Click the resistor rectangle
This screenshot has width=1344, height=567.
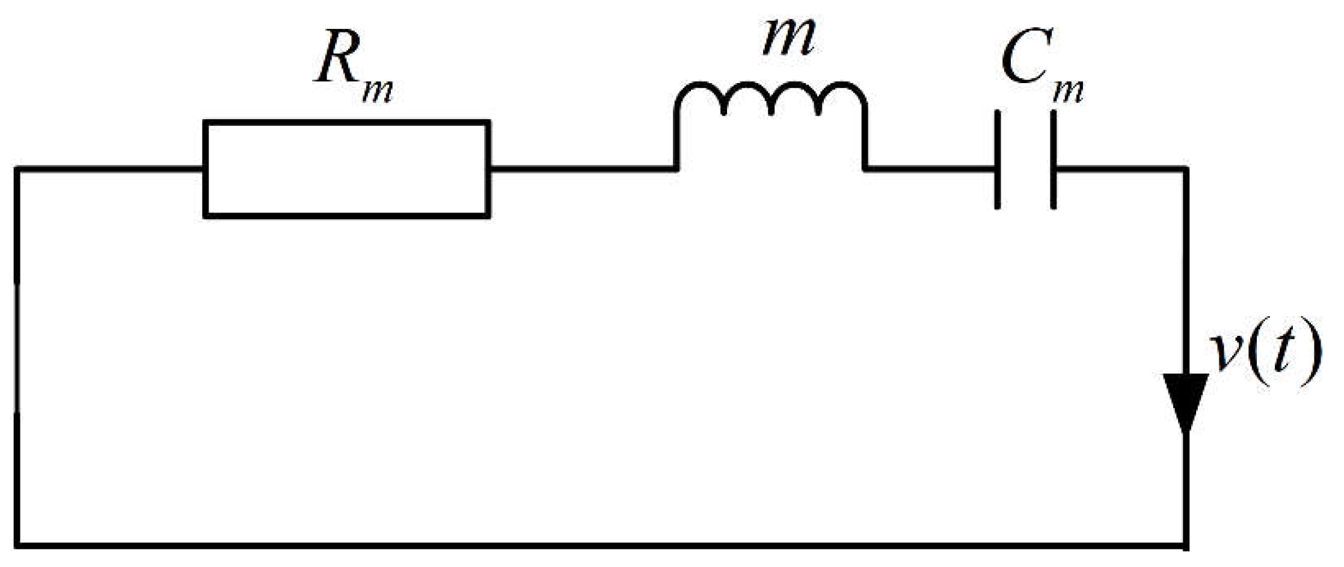pyautogui.click(x=347, y=122)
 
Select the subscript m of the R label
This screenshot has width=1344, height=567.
pyautogui.click(x=378, y=91)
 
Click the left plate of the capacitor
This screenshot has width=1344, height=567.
pyautogui.click(x=998, y=160)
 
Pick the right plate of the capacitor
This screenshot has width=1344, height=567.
pyautogui.click(x=1054, y=160)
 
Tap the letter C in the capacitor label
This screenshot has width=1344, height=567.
pyautogui.click(x=1024, y=62)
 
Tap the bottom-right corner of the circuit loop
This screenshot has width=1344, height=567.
pyautogui.click(x=1185, y=545)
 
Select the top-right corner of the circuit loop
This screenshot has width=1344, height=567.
pyautogui.click(x=1185, y=170)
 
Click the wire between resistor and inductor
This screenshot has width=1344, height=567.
pyautogui.click(x=582, y=170)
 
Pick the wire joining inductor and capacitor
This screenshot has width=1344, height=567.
pyautogui.click(x=930, y=170)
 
